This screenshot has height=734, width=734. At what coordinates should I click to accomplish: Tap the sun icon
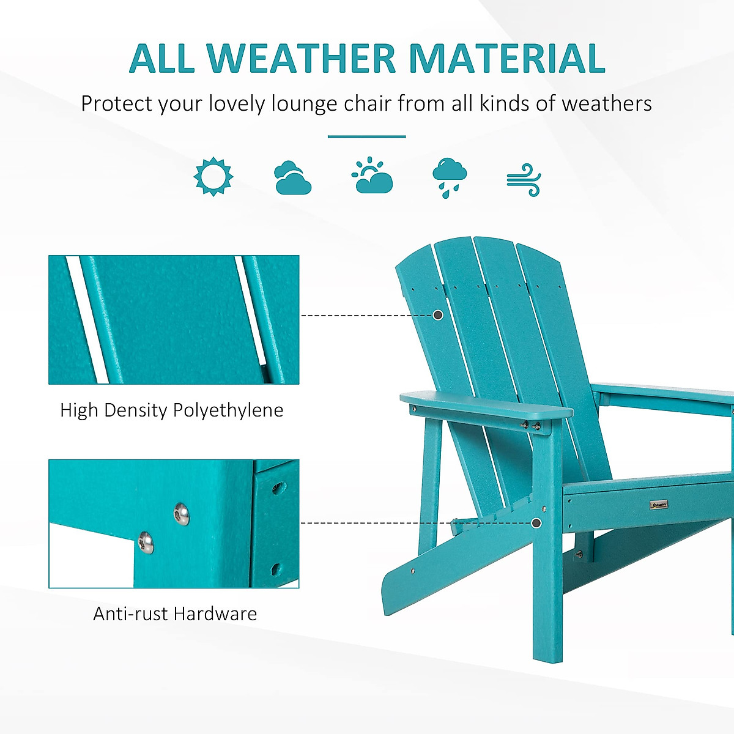pos(213,177)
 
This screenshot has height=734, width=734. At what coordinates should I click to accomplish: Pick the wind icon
pos(524,180)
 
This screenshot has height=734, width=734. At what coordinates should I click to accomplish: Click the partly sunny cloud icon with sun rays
pos(372,176)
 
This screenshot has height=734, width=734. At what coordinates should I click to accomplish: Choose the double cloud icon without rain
pos(292,178)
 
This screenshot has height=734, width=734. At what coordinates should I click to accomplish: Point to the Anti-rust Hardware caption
pos(175,614)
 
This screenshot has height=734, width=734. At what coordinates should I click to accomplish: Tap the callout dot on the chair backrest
pos(438,315)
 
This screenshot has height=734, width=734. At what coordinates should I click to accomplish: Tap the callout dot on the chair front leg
pos(536,523)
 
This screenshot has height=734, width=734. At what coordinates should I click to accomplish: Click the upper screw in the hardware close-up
pos(182,513)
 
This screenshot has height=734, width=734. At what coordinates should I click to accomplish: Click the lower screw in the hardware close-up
pos(146,542)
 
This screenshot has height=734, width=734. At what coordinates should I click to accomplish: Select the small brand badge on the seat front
pos(658,505)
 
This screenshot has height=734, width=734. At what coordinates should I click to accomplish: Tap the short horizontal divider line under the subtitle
pos(366,136)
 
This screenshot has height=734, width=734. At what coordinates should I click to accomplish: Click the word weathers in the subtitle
pos(607,104)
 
